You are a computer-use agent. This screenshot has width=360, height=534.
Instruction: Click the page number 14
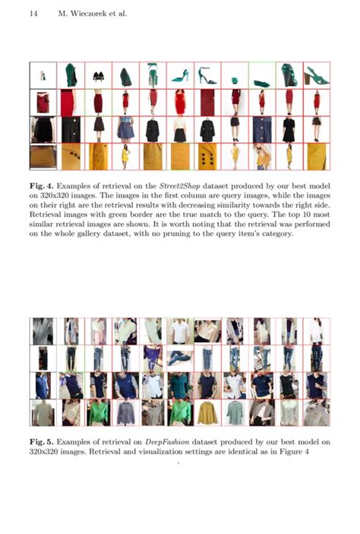pos(33,13)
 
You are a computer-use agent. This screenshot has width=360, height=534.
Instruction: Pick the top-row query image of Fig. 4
pos(43,75)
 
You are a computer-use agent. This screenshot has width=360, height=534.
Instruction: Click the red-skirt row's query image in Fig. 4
pos(43,102)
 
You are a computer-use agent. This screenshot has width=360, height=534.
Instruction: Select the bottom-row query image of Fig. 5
pos(43,413)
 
